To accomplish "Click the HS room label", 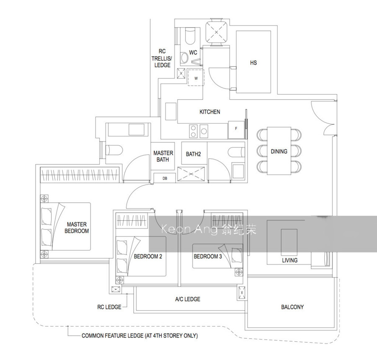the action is point(253,63).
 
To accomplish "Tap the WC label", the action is point(193,52).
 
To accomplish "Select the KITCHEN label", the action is point(210,112).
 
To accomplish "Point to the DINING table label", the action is point(279,152).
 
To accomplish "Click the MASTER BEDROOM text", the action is point(77,228).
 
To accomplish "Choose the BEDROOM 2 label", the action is point(148,257).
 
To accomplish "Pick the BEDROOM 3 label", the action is point(208,257).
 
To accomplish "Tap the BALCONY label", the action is point(292,307).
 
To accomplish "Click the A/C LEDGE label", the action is point(188,299).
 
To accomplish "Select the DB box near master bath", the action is point(165,178).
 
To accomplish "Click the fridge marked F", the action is point(236,130).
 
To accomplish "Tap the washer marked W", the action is point(196,77).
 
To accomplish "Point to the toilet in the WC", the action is point(190,36).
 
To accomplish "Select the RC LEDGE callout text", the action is point(109,307).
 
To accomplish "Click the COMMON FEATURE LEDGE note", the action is point(139,336).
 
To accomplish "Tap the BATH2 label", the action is point(193,154).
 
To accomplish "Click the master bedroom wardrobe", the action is point(80,175).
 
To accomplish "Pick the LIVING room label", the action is point(290,260).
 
